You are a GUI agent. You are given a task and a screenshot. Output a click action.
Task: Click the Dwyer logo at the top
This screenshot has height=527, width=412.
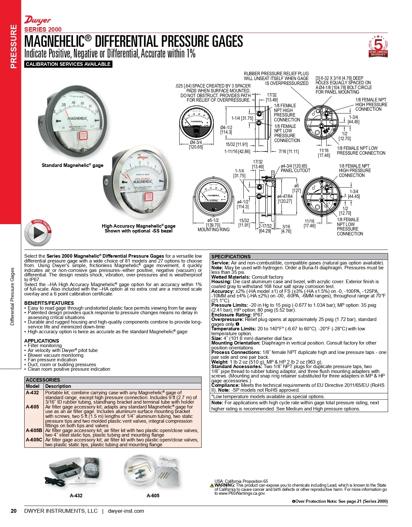click(37, 21)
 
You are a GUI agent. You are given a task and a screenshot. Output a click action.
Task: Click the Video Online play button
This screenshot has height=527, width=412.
click(38, 232)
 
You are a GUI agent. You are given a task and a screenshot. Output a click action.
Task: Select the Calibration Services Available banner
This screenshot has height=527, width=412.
click(68, 64)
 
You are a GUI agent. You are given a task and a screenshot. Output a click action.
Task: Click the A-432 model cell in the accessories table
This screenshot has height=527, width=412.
click(32, 393)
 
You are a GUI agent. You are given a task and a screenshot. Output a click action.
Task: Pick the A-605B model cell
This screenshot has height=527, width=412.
click(34, 430)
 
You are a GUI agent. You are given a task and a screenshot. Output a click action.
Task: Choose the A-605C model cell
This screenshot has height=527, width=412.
click(34, 440)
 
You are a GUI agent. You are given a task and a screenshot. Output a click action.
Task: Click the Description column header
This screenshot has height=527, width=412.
click(58, 386)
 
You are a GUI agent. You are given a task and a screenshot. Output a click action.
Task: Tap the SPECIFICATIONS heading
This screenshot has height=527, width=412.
click(231, 257)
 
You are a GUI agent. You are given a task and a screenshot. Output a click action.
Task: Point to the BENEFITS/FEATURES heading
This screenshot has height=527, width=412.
click(49, 303)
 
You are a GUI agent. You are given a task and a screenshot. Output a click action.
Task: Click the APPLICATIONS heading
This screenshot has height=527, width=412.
click(42, 341)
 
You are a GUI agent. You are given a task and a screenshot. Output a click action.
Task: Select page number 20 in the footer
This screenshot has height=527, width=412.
click(14, 511)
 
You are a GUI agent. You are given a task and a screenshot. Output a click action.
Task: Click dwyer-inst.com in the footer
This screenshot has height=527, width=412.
click(126, 511)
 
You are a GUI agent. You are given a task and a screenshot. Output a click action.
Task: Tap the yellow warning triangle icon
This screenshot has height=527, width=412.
click(212, 486)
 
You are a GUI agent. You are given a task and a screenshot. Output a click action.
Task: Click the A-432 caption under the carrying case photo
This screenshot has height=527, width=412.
click(76, 496)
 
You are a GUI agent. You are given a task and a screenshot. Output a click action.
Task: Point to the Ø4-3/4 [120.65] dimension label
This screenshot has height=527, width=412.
click(196, 145)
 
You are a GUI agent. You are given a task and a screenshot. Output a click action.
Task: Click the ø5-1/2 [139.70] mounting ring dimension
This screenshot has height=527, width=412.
click(213, 223)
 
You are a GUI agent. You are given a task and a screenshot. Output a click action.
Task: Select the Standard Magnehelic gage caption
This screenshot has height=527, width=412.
click(72, 165)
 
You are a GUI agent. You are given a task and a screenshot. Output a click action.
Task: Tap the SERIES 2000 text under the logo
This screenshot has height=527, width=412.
click(43, 29)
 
